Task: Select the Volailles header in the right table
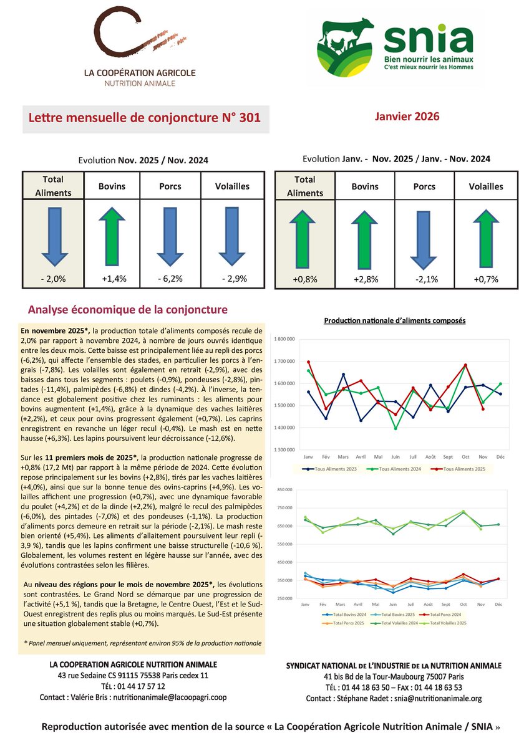point(487,186)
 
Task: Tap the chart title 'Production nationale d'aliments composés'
point(395,320)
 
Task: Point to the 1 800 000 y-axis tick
point(283,339)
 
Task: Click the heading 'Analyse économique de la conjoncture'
point(128,310)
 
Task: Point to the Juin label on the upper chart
point(396,457)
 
